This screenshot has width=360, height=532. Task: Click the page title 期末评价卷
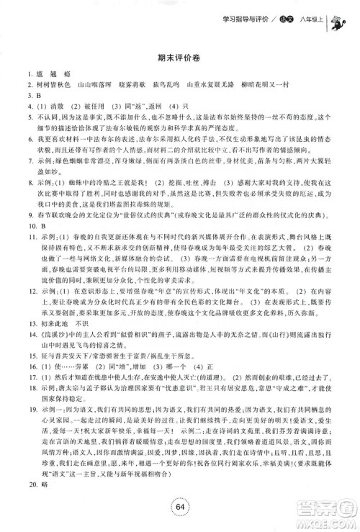tap(181, 58)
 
